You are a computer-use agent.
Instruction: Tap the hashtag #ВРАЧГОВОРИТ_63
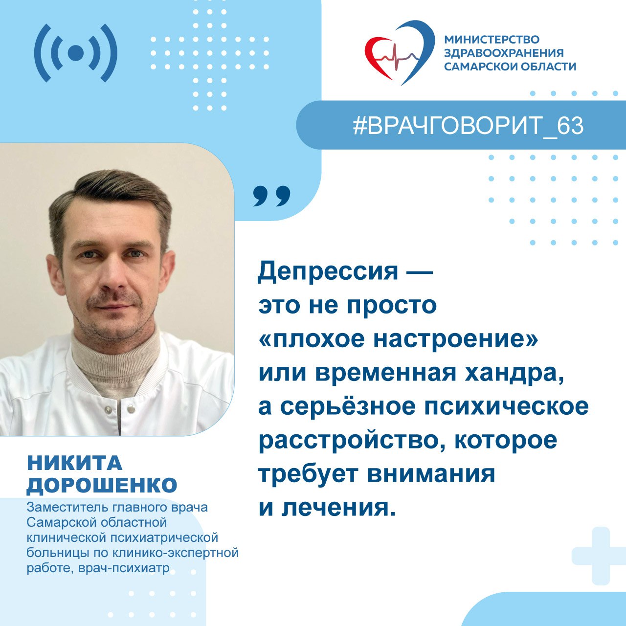468,126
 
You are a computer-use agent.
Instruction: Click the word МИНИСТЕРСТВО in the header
492,40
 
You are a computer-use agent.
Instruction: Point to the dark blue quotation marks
271,196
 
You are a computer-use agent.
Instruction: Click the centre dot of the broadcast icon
76,53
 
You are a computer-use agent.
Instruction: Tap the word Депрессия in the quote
328,272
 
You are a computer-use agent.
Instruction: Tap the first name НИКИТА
74,463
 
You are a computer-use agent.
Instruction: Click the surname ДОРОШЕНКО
102,486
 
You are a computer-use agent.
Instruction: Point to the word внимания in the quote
431,474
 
